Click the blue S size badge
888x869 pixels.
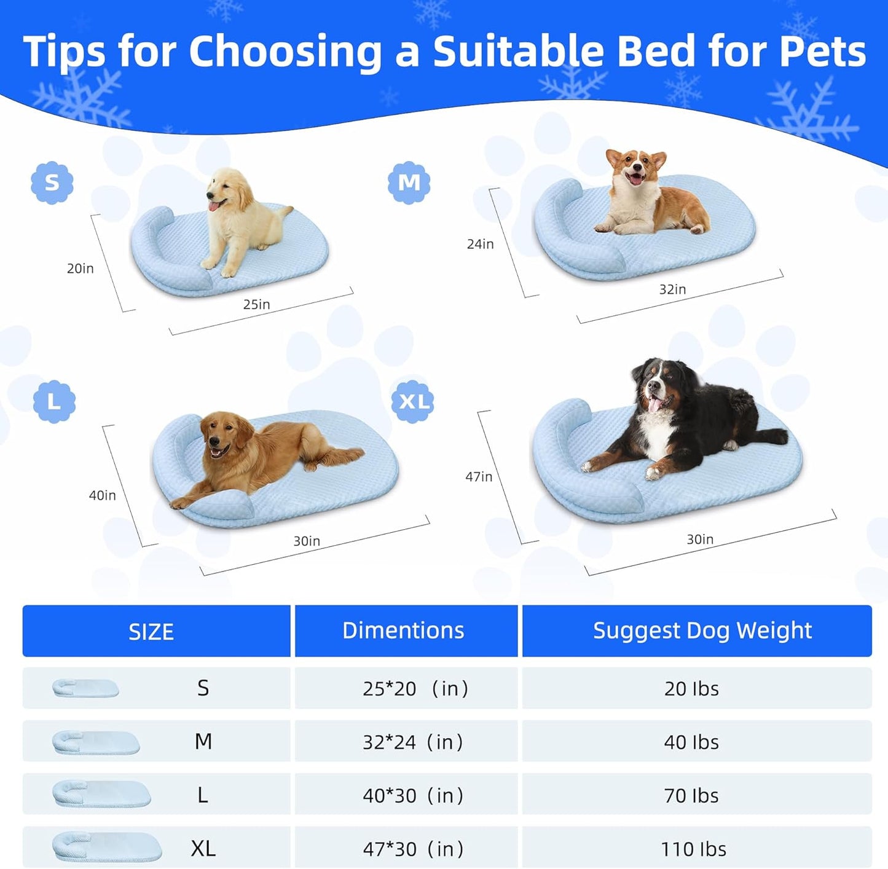click(52, 183)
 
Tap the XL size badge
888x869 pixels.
click(413, 401)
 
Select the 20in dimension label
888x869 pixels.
click(80, 268)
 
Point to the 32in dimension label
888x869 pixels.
click(672, 289)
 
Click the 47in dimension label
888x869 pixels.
click(479, 476)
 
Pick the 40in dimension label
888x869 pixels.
click(102, 495)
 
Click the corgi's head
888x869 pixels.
click(635, 166)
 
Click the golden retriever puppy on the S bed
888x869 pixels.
click(240, 218)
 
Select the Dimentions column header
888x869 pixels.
click(403, 631)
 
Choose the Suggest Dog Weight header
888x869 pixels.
click(702, 631)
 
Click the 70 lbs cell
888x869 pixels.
click(691, 795)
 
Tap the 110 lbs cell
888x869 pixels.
click(693, 849)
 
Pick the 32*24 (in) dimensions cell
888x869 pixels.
click(412, 742)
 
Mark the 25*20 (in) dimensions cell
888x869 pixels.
click(415, 688)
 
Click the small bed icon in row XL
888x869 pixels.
click(106, 847)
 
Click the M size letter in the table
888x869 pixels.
click(203, 742)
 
